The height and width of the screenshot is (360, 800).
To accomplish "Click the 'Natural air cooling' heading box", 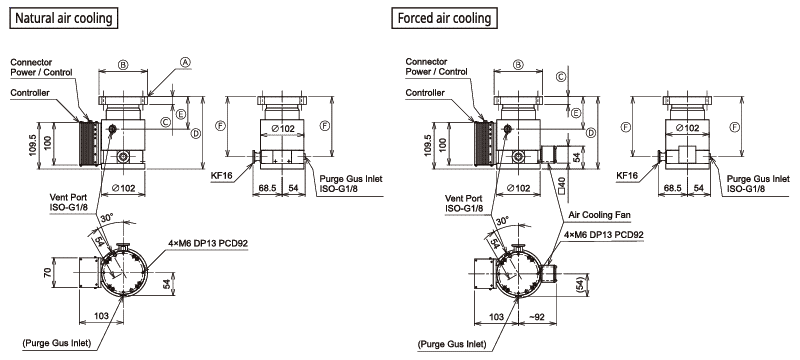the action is click(64, 18).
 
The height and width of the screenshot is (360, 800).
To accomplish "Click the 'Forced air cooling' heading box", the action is click(444, 18).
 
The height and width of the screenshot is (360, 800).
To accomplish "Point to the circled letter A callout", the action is click(186, 62).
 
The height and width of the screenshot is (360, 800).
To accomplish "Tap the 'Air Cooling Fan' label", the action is click(599, 215).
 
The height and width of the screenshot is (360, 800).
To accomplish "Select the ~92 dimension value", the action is click(537, 317).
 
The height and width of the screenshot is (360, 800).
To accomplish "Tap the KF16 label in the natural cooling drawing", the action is click(221, 175).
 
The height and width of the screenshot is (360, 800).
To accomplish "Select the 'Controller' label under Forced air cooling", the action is click(425, 93).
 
